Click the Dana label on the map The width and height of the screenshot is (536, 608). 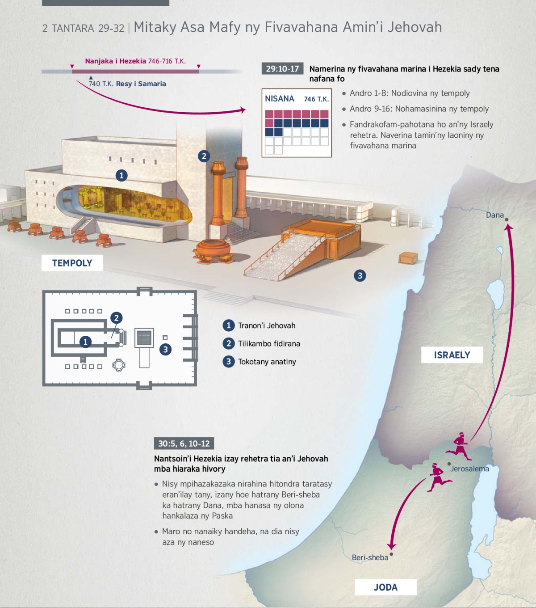pyautogui.click(x=494, y=215)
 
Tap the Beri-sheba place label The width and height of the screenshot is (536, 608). pyautogui.click(x=370, y=557)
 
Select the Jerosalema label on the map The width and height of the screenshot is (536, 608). pyautogui.click(x=469, y=469)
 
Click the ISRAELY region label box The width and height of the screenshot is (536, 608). pyautogui.click(x=452, y=355)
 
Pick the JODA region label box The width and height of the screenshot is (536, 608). pyautogui.click(x=385, y=587)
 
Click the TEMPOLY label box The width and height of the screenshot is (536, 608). pyautogui.click(x=72, y=263)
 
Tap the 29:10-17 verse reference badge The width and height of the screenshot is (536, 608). pyautogui.click(x=282, y=69)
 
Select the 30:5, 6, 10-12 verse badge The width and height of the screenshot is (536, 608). pyautogui.click(x=184, y=443)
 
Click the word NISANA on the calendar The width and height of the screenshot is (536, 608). pyautogui.click(x=280, y=99)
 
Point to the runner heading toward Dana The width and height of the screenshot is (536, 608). pyautogui.click(x=460, y=445)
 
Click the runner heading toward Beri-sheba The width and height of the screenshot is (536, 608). pyautogui.click(x=438, y=477)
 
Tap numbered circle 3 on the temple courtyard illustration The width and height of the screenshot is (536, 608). pyautogui.click(x=360, y=275)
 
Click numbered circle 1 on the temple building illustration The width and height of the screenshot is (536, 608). pyautogui.click(x=121, y=175)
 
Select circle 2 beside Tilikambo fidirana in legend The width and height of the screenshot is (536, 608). pyautogui.click(x=229, y=343)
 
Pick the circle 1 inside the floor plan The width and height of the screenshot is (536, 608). pyautogui.click(x=85, y=342)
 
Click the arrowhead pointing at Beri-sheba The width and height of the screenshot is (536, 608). pyautogui.click(x=392, y=546)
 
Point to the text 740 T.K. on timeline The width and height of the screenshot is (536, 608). pyautogui.click(x=100, y=84)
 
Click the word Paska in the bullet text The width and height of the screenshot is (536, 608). pyautogui.click(x=222, y=515)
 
